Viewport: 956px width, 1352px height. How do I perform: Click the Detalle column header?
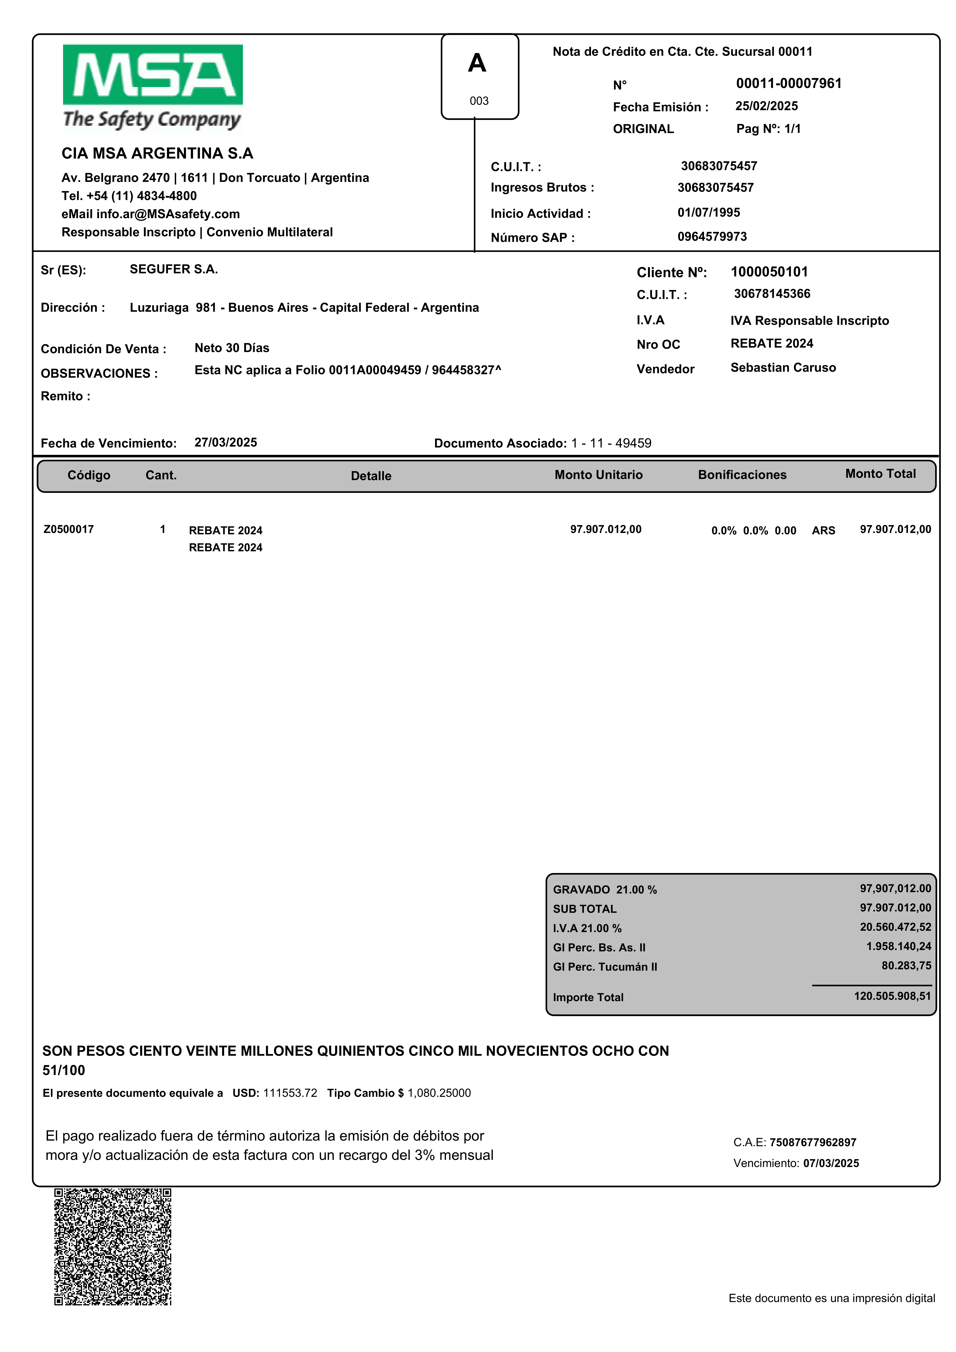click(371, 476)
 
